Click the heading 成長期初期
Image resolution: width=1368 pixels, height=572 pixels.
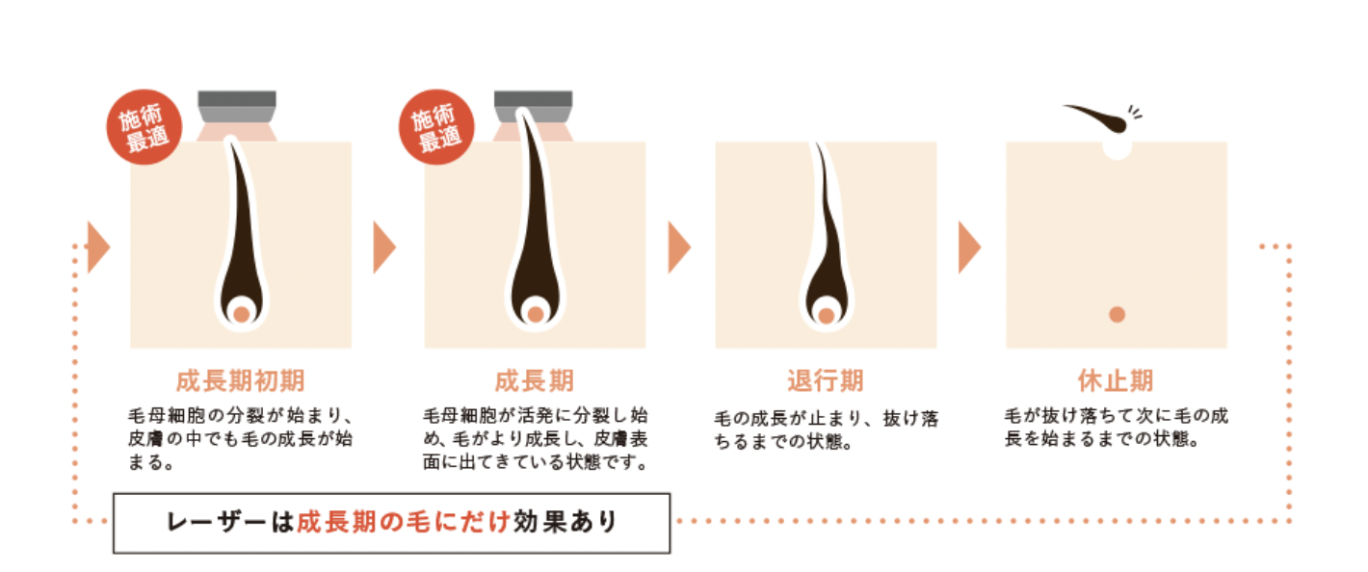tap(240, 381)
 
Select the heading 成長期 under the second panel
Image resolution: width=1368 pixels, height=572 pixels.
tap(535, 381)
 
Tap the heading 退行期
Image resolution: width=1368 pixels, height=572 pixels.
tap(825, 381)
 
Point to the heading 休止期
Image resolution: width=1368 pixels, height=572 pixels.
tap(1116, 381)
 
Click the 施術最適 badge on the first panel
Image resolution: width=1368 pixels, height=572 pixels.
tap(145, 127)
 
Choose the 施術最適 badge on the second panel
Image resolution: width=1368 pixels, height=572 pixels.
tap(436, 127)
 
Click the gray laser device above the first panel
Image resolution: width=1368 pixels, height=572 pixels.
tap(237, 107)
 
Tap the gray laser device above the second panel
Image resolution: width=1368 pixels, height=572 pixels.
tap(533, 107)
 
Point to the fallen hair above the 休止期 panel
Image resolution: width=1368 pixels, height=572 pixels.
tap(1096, 118)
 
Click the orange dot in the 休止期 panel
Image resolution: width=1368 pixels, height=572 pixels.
tap(1117, 314)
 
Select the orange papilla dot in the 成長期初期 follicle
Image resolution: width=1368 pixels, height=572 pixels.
tap(242, 314)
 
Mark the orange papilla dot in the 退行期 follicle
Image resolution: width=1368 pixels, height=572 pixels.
tap(827, 316)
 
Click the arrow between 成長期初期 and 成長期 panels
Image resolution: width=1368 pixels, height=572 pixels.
tap(384, 247)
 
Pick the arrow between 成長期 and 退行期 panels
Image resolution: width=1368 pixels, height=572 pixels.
tap(679, 247)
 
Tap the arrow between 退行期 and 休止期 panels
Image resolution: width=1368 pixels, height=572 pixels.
tap(969, 247)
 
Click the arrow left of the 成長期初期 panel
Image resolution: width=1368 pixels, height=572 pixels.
tap(98, 247)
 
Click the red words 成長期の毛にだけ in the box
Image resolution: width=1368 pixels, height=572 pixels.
tap(404, 522)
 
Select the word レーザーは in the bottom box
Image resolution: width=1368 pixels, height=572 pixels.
tap(231, 522)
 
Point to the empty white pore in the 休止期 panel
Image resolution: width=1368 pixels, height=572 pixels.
tap(1117, 148)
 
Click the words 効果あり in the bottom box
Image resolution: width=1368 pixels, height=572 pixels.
tap(565, 522)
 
